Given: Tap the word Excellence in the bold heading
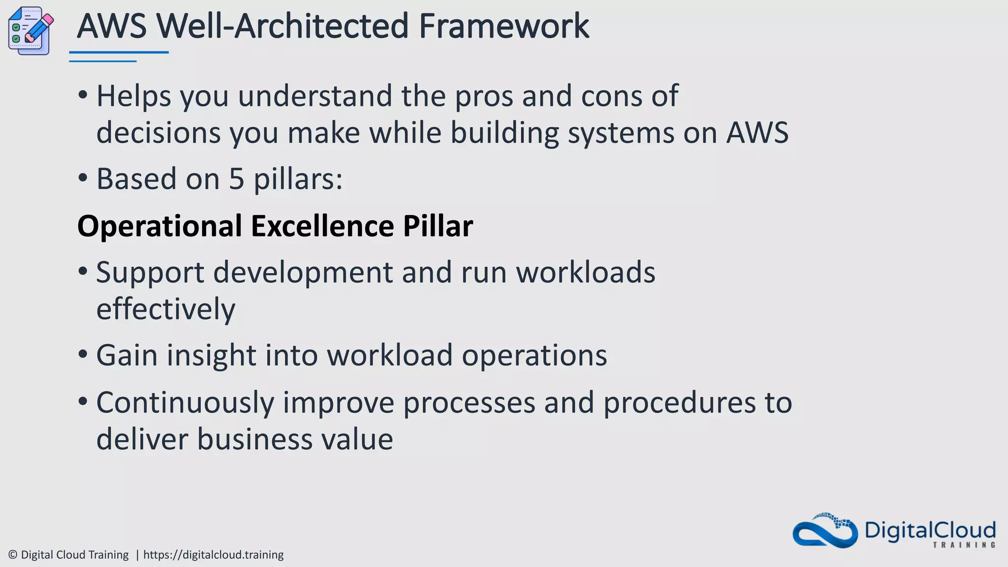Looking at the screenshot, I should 322,226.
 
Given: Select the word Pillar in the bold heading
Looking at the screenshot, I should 438,226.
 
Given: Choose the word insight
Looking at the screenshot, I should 212,355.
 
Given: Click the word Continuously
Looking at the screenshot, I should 185,402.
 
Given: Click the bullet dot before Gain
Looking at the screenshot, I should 83,355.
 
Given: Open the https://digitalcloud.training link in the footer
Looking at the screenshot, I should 213,555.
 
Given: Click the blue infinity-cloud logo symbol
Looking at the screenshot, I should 824,532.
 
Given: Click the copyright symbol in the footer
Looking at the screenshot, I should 13,555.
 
